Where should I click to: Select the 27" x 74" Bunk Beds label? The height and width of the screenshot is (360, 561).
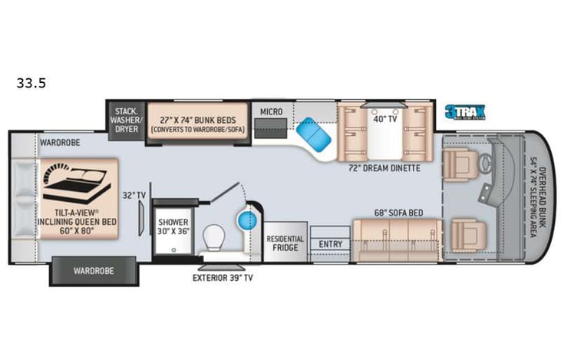[x=198, y=124]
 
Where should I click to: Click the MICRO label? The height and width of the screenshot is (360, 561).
[x=270, y=112]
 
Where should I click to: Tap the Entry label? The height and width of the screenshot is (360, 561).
[x=331, y=244]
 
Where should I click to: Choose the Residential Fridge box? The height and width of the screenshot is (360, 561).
[x=285, y=243]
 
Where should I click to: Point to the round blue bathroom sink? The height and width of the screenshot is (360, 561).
[x=246, y=222]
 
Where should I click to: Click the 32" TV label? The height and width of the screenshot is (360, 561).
[x=135, y=197]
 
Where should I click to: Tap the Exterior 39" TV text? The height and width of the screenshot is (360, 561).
[x=223, y=278]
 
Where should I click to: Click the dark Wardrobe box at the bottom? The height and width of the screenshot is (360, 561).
[x=94, y=270]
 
